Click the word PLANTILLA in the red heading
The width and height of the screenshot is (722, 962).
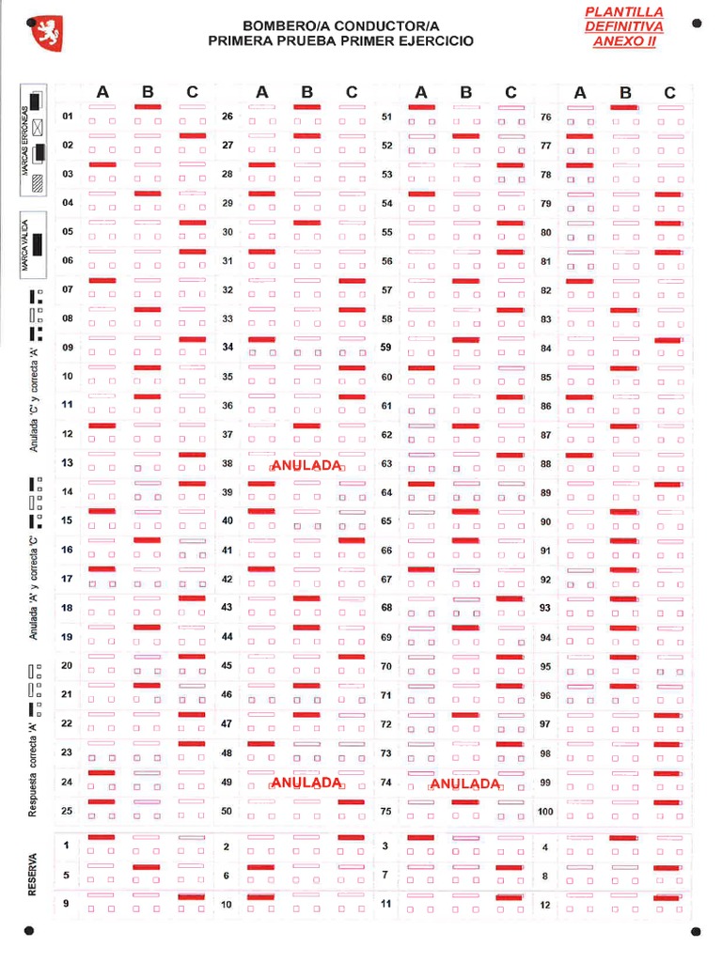tap(623, 12)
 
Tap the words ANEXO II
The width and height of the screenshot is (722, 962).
tap(623, 42)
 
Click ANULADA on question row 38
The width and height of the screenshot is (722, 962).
tap(306, 464)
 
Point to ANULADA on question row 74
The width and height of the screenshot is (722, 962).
tap(465, 784)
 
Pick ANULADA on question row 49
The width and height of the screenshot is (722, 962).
tap(306, 783)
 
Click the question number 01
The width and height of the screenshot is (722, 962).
tap(68, 116)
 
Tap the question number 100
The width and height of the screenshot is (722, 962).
tap(546, 811)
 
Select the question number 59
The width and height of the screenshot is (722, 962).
tap(386, 348)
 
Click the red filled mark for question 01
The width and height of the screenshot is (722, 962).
tap(148, 108)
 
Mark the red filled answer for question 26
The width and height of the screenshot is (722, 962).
tap(306, 108)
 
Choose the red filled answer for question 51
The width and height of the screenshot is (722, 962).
tap(421, 108)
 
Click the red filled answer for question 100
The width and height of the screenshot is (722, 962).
tap(667, 802)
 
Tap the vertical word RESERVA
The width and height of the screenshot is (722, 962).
tap(33, 875)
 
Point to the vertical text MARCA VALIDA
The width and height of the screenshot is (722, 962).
tap(24, 247)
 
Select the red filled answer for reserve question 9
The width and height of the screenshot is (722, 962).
tap(192, 896)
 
